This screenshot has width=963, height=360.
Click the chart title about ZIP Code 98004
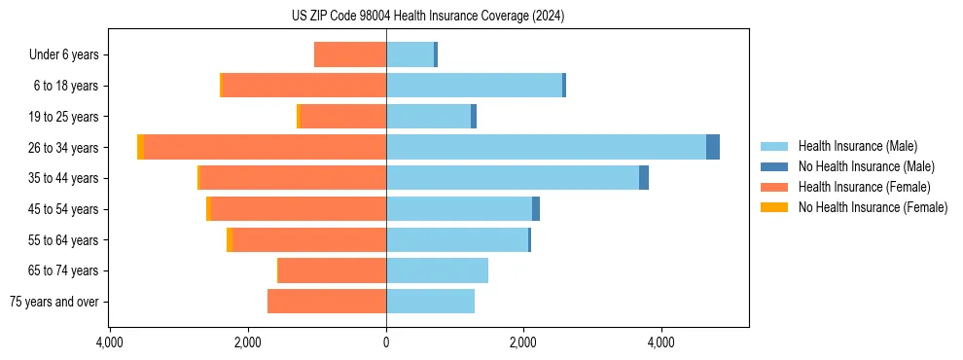pyautogui.click(x=428, y=17)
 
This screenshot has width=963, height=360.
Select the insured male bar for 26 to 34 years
pyautogui.click(x=546, y=147)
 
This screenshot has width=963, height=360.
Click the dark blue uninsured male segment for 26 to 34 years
pyautogui.click(x=713, y=147)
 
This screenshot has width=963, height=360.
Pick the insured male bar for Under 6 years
pyautogui.click(x=410, y=54)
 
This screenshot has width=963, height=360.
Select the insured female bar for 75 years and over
pyautogui.click(x=327, y=302)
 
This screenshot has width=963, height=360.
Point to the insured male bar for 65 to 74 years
pyautogui.click(x=437, y=270)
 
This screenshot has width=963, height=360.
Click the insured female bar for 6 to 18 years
pyautogui.click(x=304, y=86)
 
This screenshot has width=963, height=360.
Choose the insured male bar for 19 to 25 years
pyautogui.click(x=428, y=117)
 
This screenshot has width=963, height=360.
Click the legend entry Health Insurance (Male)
pyautogui.click(x=857, y=146)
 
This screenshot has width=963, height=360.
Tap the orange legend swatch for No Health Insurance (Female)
pyautogui.click(x=774, y=207)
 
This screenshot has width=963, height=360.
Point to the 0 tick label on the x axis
pyautogui.click(x=386, y=342)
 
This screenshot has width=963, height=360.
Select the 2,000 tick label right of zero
pyautogui.click(x=523, y=342)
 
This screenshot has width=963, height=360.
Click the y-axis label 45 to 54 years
pyautogui.click(x=64, y=209)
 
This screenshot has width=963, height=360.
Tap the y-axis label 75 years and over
pyautogui.click(x=54, y=302)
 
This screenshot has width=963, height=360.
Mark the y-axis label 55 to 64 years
pyautogui.click(x=64, y=240)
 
